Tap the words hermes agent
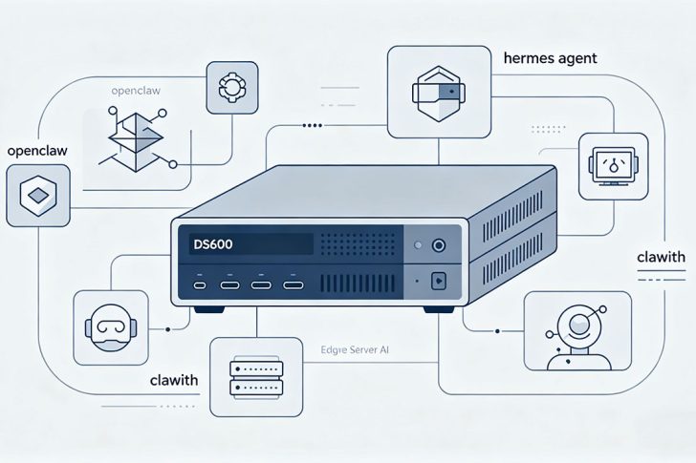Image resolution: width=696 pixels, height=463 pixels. (x=550, y=58)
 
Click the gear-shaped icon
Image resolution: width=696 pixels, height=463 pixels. (x=230, y=87)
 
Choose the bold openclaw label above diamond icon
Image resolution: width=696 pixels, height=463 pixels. (x=37, y=151)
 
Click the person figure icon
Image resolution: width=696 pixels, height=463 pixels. (x=576, y=331)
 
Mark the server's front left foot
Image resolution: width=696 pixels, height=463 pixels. (x=207, y=309)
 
